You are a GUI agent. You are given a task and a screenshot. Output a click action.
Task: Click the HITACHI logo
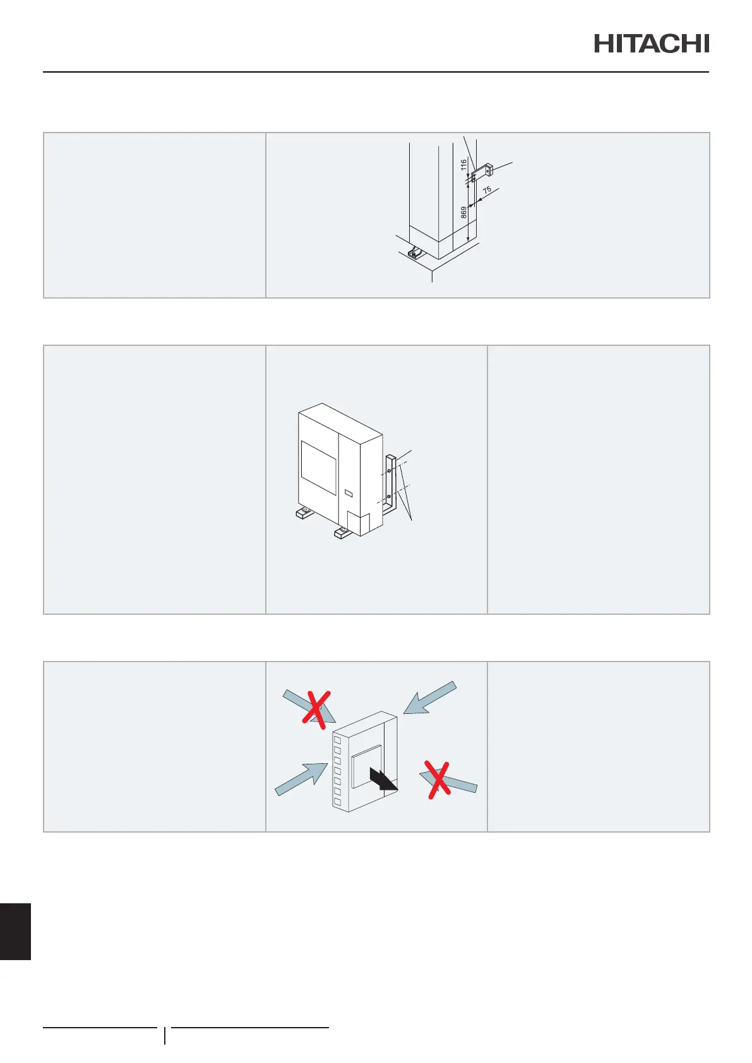[x=651, y=44]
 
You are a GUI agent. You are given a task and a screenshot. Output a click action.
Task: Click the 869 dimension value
[x=464, y=212]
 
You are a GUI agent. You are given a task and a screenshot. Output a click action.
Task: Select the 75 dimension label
[x=487, y=190]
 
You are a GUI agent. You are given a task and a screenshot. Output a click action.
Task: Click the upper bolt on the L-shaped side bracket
[x=389, y=471]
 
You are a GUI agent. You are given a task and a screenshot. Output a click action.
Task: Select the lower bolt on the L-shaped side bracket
[x=389, y=497]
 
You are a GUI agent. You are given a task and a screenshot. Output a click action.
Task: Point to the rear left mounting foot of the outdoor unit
[x=305, y=513]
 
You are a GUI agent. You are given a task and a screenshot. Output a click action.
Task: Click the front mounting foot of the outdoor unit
[x=342, y=533]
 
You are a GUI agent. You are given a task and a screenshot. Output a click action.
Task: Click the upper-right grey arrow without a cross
[x=430, y=698]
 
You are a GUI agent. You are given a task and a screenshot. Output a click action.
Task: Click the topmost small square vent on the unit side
[x=337, y=740]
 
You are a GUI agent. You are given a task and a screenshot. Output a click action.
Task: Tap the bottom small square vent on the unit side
[x=337, y=802]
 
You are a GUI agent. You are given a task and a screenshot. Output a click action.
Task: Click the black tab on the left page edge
[x=15, y=931]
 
